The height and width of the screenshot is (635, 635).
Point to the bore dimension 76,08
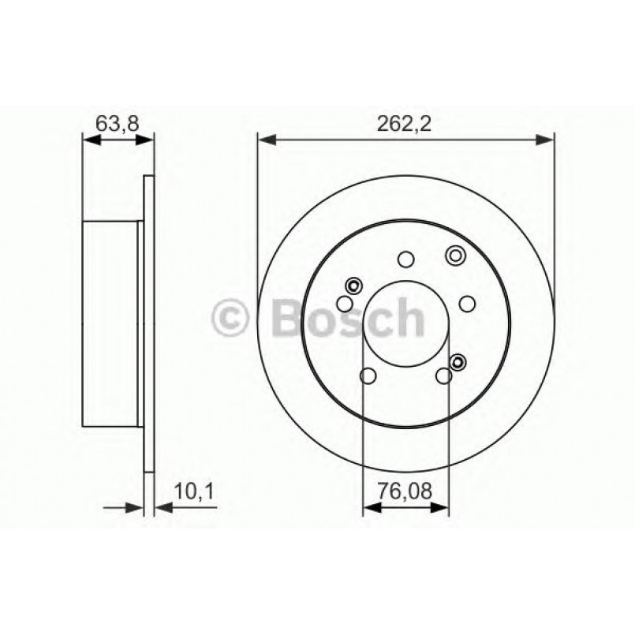click(x=405, y=492)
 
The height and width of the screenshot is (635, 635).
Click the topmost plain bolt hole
click(x=406, y=259)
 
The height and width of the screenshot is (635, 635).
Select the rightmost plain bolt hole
click(x=467, y=304)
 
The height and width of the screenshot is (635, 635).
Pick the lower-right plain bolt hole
click(x=444, y=375)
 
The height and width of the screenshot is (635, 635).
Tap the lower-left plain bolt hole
click(x=368, y=375)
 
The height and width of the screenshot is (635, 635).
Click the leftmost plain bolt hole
click(x=345, y=304)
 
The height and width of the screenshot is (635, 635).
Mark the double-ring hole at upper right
click(x=455, y=255)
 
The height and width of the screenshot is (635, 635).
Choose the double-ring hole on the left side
click(x=353, y=286)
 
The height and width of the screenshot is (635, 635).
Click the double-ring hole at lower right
click(x=457, y=361)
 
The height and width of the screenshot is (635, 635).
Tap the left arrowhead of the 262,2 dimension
click(x=266, y=140)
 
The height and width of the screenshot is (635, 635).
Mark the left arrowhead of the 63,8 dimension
click(x=91, y=140)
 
